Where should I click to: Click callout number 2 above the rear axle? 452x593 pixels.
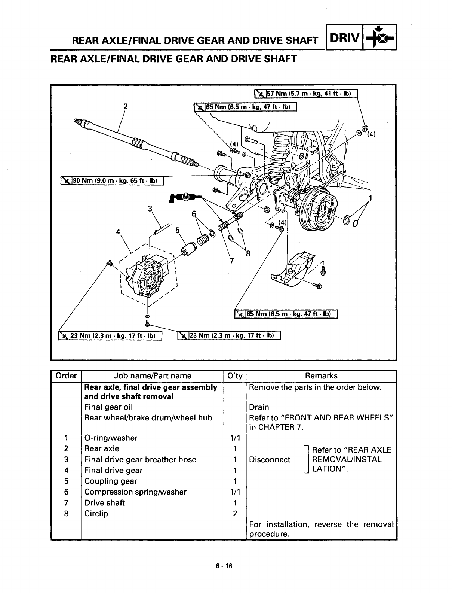(x=126, y=106)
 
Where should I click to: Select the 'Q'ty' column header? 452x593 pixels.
(x=235, y=376)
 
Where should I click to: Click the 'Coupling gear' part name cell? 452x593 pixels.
(x=111, y=481)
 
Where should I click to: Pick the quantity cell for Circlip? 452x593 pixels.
(x=235, y=514)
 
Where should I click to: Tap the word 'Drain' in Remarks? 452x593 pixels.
(x=259, y=407)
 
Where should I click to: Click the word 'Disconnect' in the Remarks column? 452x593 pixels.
(x=270, y=460)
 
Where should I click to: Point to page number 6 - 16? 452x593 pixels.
(x=224, y=566)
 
